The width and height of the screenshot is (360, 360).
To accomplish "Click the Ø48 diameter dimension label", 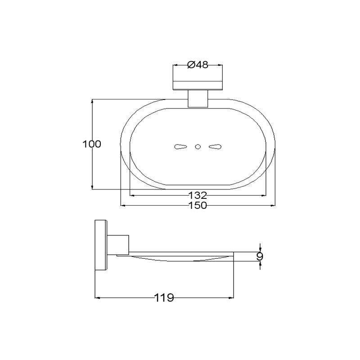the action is [x=198, y=65].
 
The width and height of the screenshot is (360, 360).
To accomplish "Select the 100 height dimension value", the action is [x=92, y=144].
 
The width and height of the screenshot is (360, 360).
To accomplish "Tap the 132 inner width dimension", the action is [x=198, y=195].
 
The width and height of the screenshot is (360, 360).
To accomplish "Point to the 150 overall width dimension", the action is [x=198, y=205].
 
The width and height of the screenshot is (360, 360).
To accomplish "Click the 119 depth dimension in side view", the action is [x=164, y=298].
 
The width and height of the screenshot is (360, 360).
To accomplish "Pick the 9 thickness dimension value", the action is [x=260, y=256].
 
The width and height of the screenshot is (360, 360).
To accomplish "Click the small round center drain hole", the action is [x=198, y=147].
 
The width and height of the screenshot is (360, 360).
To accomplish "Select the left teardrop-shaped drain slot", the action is [x=181, y=147].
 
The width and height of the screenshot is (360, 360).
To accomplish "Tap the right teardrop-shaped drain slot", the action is [x=215, y=147].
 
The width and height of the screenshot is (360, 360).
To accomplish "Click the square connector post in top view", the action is [x=198, y=99].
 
